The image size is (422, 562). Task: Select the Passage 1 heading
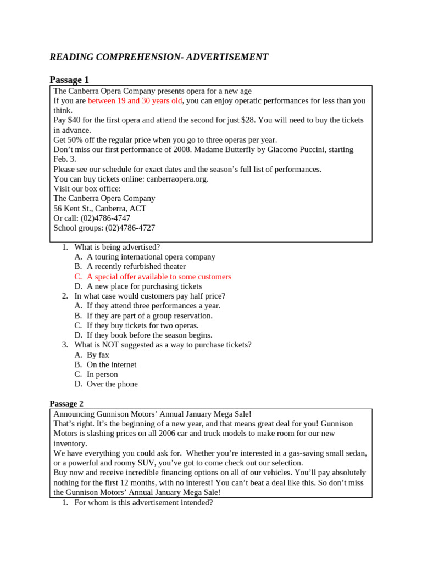pyautogui.click(x=69, y=80)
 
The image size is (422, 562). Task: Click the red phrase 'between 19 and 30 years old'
pyautogui.click(x=135, y=101)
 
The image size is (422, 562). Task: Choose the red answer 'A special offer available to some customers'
pyautogui.click(x=159, y=277)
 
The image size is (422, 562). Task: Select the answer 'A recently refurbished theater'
pyautogui.click(x=136, y=267)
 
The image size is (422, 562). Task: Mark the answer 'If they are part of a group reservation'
pyautogui.click(x=149, y=316)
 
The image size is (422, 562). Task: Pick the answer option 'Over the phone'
pyautogui.click(x=112, y=384)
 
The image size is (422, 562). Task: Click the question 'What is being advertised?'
pyautogui.click(x=117, y=247)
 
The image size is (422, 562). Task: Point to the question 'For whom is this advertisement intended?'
pyautogui.click(x=143, y=502)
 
